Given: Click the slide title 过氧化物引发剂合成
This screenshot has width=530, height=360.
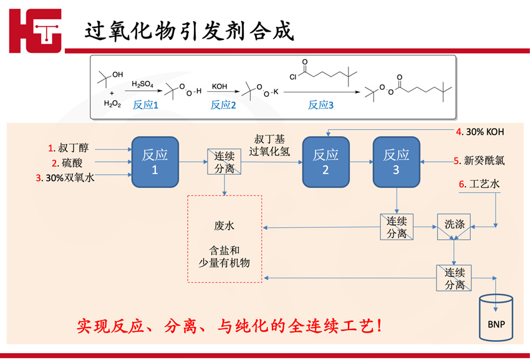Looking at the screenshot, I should (x=189, y=31).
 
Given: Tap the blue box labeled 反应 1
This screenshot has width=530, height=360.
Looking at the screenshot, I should (x=155, y=162).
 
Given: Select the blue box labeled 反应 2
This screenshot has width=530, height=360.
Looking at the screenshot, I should (x=325, y=162).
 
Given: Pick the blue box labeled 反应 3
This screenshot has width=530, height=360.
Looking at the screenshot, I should (x=397, y=162).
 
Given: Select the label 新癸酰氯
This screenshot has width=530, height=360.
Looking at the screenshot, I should (x=484, y=160).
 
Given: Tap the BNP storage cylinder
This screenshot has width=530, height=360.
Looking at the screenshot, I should (x=496, y=318).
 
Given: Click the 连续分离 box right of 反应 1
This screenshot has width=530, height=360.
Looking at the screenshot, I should (x=224, y=162).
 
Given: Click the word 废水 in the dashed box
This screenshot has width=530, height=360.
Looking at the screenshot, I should (x=224, y=225).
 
